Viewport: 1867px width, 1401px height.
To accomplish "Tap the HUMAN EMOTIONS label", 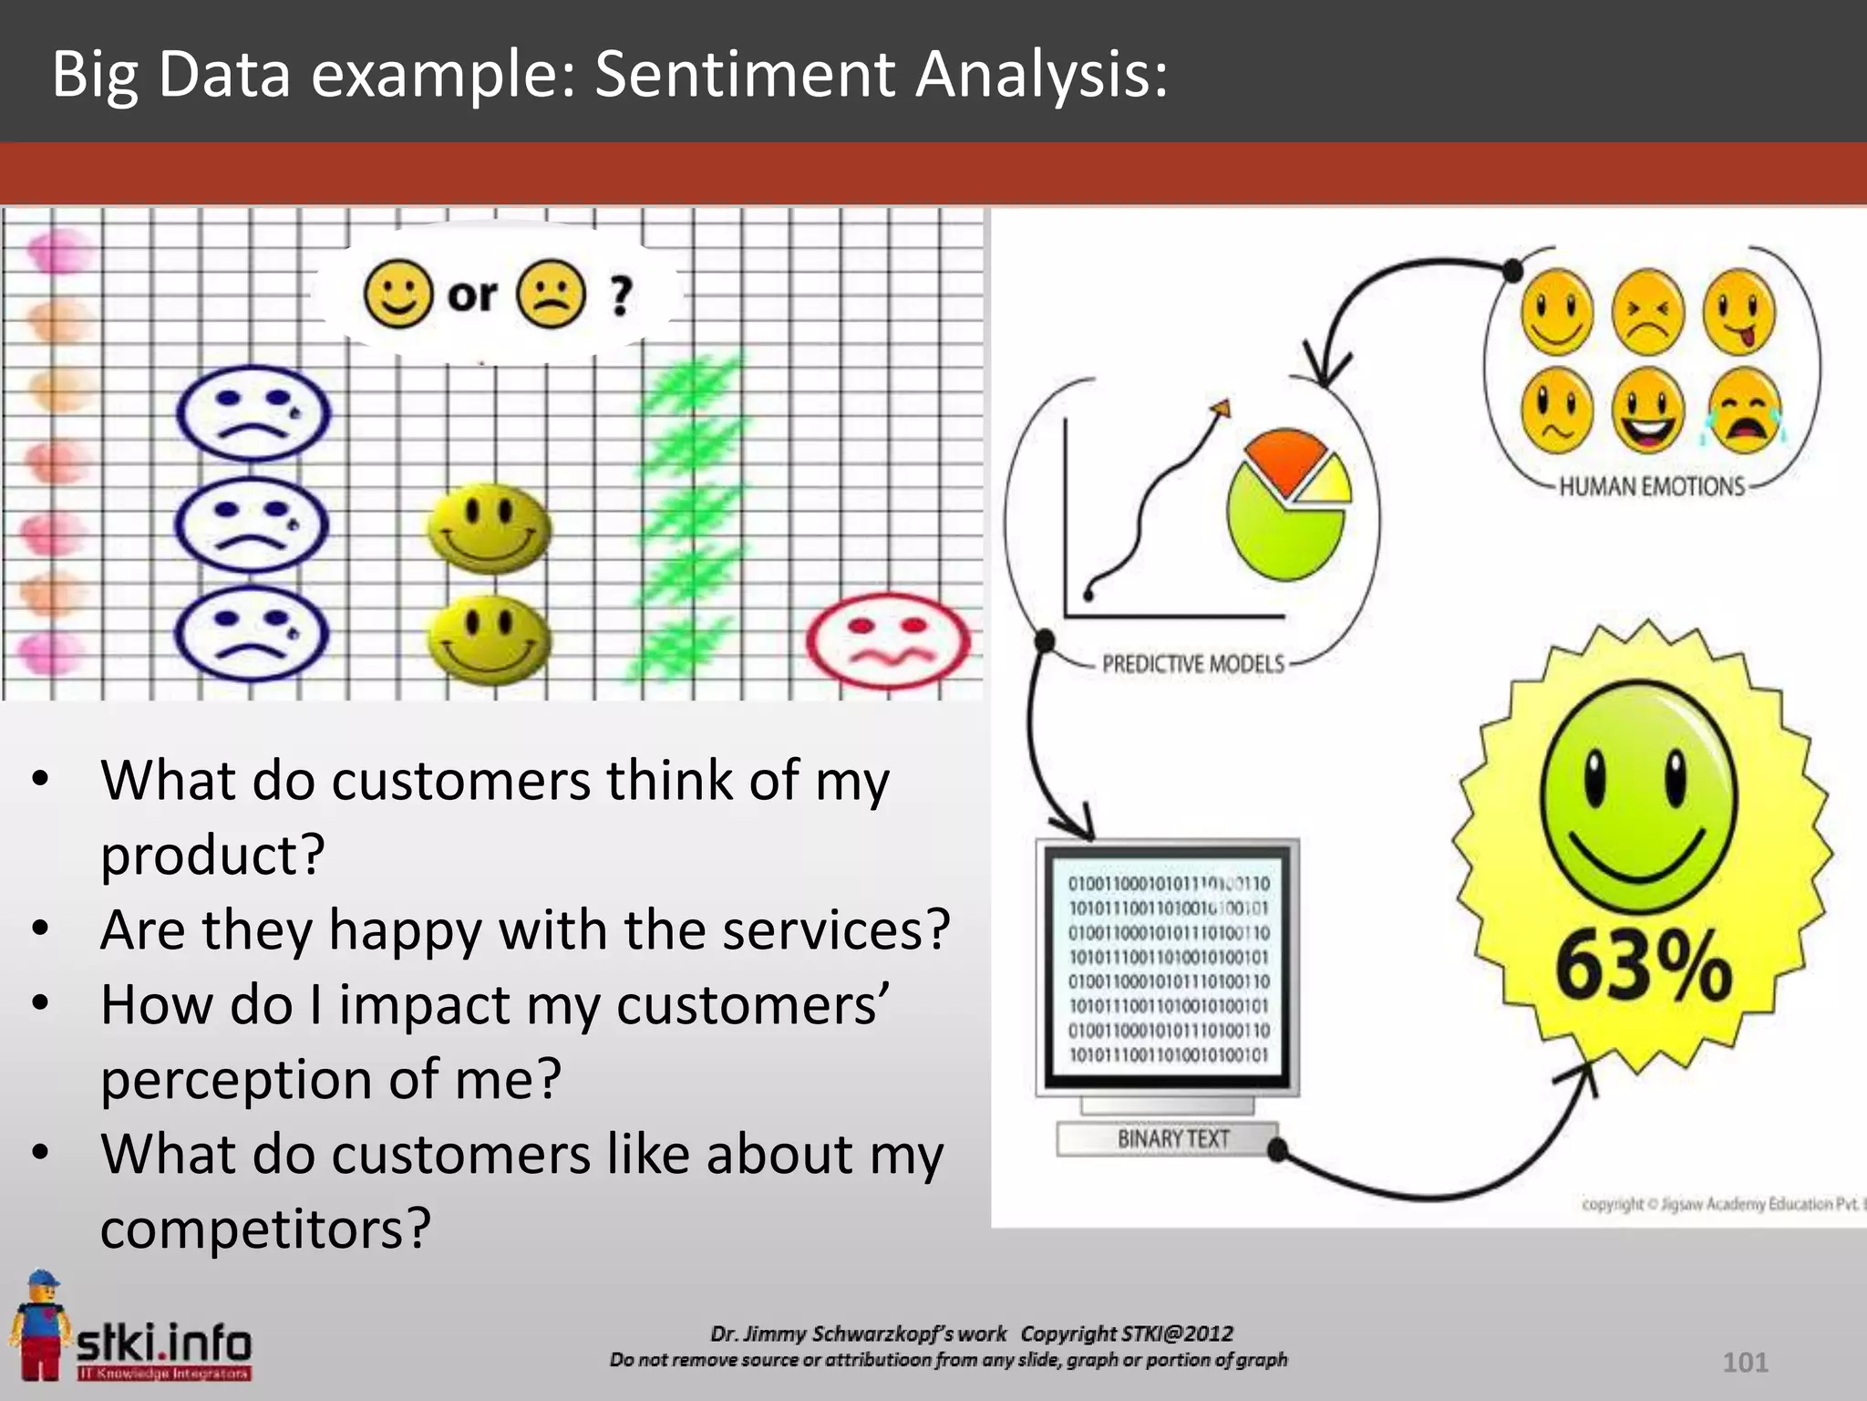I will point(1651,487).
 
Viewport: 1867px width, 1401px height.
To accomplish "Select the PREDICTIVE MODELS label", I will point(1192,664).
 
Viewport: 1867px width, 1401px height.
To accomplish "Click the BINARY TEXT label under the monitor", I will point(1173,1139).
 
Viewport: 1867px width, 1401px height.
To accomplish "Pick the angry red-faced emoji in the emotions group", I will point(1648,311).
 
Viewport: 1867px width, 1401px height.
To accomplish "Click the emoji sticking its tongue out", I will point(1739,311).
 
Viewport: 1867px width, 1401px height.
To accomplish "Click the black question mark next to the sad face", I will point(621,296).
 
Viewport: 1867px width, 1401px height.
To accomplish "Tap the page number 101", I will point(1745,1362).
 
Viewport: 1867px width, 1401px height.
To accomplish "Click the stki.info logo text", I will point(164,1342).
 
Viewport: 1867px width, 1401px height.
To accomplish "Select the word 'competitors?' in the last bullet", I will point(265,1229).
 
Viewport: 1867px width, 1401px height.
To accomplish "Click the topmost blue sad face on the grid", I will point(253,412).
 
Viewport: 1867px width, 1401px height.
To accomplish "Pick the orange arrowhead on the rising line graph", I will point(1222,409).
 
